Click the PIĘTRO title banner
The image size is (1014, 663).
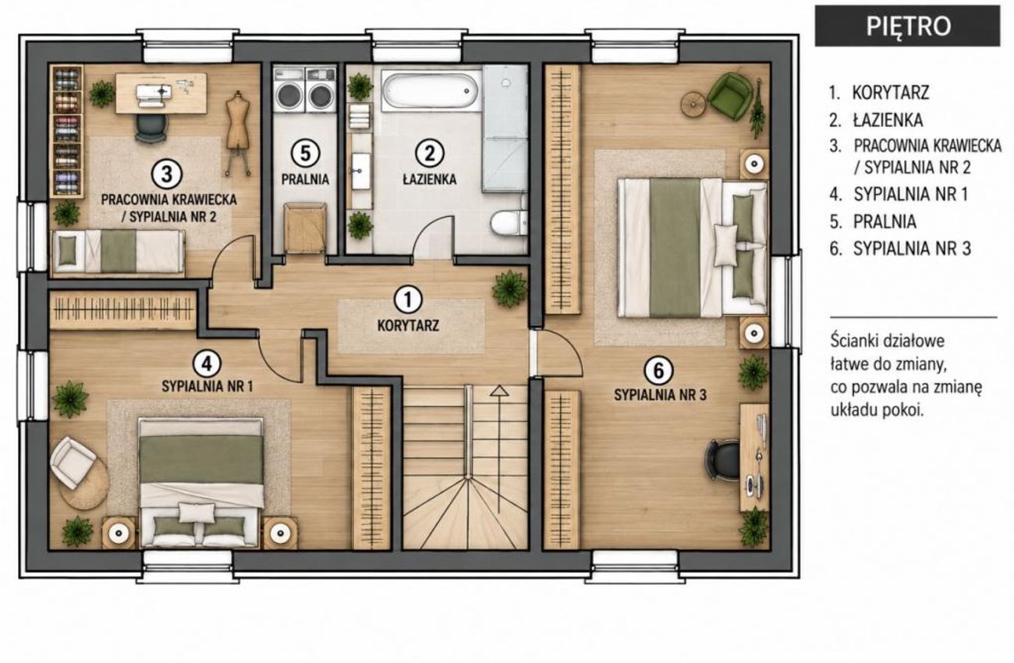[x=907, y=26]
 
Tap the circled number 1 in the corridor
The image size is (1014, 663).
[x=408, y=300]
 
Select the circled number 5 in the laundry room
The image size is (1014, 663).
[x=306, y=154]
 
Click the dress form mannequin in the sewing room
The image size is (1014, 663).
[x=238, y=132]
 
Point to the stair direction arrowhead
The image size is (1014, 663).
[x=499, y=391]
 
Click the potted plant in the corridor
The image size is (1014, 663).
[x=510, y=289]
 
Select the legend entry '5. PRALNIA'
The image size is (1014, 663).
[x=874, y=222]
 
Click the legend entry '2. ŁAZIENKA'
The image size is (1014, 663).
[x=876, y=120]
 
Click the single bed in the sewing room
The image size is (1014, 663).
[x=118, y=252]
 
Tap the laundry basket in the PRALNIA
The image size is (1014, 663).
[x=305, y=227]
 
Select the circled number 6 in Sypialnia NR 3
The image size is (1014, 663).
[x=658, y=370]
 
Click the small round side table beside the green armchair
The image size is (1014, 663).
[x=693, y=105]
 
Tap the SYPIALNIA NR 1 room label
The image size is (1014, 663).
[x=207, y=386]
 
